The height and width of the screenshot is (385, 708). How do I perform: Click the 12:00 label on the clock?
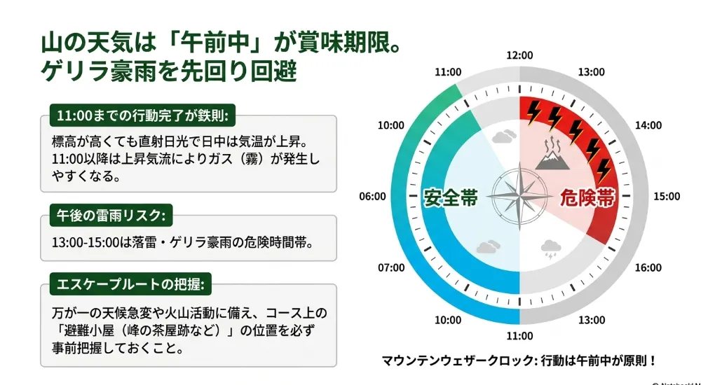[x=519, y=55]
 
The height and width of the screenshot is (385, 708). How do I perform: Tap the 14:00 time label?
[x=648, y=125]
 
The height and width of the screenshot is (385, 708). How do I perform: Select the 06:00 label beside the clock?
[x=372, y=196]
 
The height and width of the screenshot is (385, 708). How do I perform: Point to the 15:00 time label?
[x=667, y=196]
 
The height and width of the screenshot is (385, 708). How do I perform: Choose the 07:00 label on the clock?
[x=391, y=268]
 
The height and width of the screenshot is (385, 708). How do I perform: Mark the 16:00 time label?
[x=648, y=268]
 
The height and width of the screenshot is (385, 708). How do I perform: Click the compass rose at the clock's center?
[x=519, y=197]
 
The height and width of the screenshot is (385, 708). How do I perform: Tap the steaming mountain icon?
[x=552, y=155]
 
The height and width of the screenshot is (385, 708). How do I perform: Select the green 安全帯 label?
[x=451, y=197]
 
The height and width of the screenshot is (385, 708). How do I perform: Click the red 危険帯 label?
[x=587, y=197]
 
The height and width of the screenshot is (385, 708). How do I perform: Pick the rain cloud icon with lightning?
[x=551, y=249]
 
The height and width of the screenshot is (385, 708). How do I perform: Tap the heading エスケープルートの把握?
[x=130, y=284]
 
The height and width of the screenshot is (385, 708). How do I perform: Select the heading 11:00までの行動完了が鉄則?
[x=143, y=115]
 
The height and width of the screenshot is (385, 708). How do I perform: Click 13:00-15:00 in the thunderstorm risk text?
[x=86, y=242]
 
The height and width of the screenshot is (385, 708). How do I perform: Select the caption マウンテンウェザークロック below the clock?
[x=458, y=360]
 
